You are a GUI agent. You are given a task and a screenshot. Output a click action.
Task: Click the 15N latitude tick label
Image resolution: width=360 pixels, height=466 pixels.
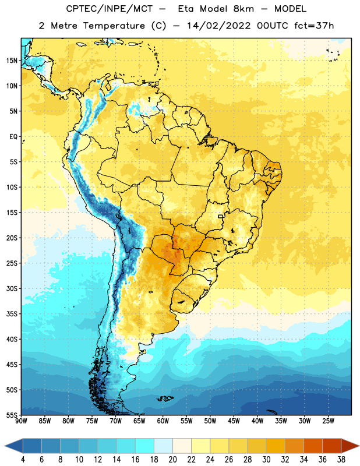pos(12,61)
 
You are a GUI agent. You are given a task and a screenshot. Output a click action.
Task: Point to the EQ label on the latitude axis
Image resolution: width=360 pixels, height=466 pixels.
pos(13,137)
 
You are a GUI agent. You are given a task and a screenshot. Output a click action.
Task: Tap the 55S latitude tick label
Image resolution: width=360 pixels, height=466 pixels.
pos(12,415)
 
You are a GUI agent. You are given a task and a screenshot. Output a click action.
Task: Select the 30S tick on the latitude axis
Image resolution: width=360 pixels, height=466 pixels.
pos(12,288)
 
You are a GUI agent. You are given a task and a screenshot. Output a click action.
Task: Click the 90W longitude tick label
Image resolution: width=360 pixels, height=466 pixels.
pos(21,421)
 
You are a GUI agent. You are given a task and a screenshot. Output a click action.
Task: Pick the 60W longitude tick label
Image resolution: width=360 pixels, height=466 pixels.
pos(163,421)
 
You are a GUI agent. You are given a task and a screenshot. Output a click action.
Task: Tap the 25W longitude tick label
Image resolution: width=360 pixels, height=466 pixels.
pos(328,421)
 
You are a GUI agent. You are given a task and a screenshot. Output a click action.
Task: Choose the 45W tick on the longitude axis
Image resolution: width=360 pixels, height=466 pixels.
pos(234,421)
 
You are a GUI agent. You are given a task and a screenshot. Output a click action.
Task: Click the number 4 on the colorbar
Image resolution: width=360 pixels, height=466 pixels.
pos(23,460)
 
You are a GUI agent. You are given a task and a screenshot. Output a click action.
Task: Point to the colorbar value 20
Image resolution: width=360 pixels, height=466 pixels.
pos(172,460)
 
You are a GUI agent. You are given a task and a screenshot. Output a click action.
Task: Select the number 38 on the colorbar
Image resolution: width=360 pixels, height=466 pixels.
pos(341,460)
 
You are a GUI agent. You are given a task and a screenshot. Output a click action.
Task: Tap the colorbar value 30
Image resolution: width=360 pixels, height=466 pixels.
pos(266,460)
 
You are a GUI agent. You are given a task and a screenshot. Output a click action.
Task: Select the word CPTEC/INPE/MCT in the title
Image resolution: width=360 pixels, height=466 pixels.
pos(109,9)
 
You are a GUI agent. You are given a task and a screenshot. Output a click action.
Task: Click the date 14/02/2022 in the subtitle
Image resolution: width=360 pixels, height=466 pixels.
pos(218,26)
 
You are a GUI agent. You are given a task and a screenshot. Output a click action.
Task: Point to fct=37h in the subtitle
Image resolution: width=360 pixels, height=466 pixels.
pos(314,26)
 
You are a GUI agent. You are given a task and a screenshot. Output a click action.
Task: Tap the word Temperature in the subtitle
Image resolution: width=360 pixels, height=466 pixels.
pos(114,26)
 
